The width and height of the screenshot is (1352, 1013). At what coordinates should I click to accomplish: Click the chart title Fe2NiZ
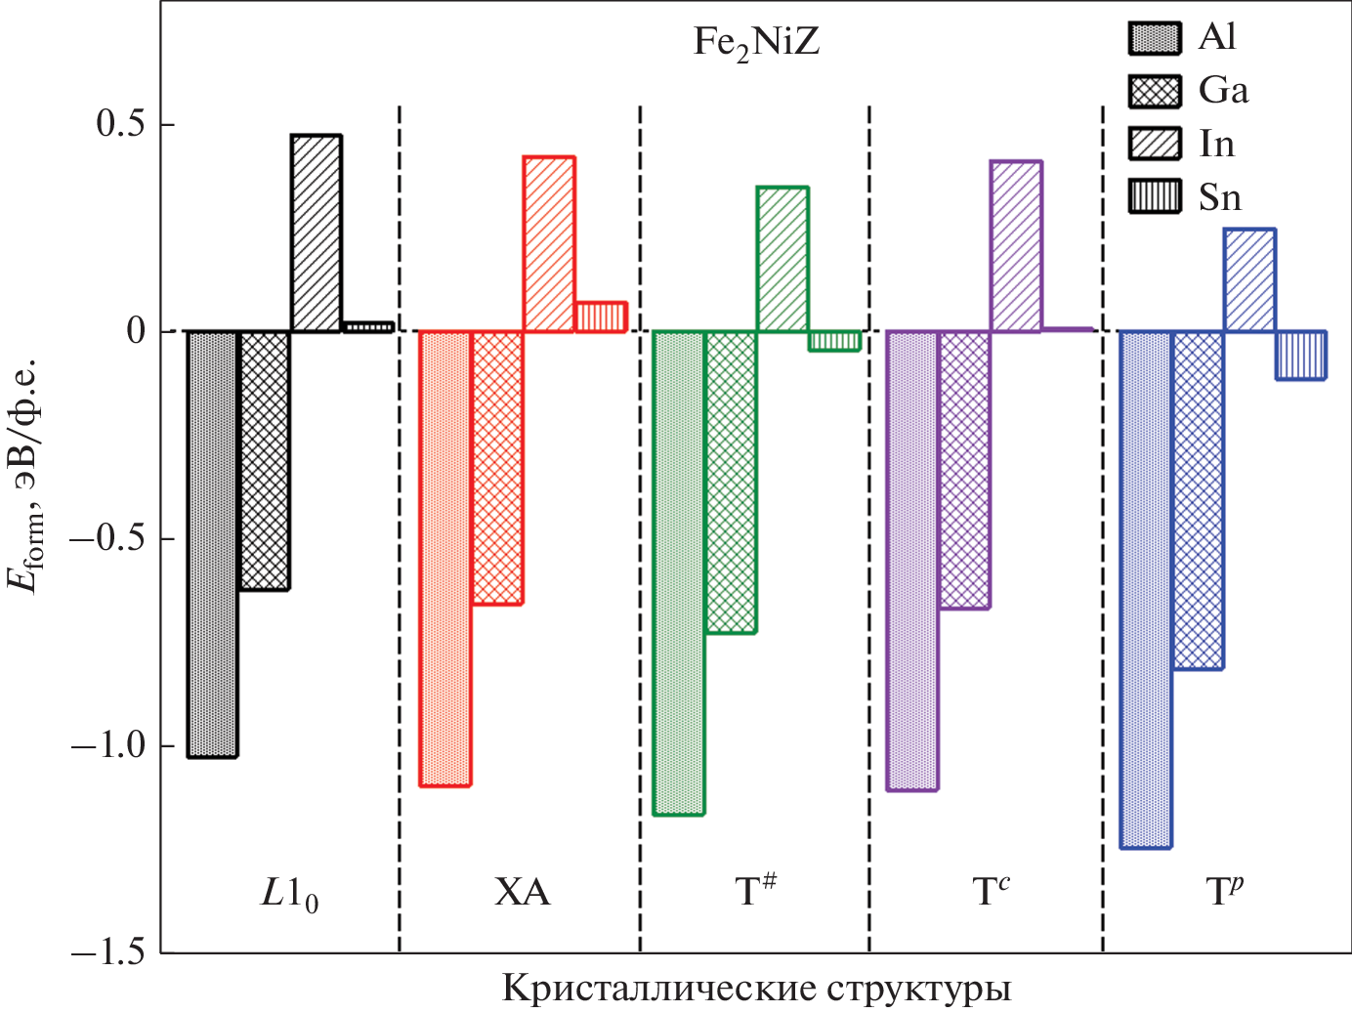[755, 43]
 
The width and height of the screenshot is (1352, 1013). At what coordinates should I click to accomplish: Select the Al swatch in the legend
[1155, 38]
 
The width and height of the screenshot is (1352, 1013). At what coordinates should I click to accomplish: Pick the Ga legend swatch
[1155, 92]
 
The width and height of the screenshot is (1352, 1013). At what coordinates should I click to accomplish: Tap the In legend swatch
[1155, 144]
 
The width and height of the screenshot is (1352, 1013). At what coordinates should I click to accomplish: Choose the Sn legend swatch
[1155, 196]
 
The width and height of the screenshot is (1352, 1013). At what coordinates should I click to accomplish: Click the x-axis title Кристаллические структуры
[756, 989]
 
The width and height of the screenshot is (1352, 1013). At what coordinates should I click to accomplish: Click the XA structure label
[522, 893]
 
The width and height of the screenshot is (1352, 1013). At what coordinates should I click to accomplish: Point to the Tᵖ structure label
[1224, 891]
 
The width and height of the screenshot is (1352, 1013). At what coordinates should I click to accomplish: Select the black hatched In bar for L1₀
[316, 233]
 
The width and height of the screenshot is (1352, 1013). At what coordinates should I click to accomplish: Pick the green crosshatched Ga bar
[731, 483]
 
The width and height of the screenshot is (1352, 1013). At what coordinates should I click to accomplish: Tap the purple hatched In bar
[1016, 246]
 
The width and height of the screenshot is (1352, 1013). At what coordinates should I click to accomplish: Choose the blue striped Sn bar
[1301, 355]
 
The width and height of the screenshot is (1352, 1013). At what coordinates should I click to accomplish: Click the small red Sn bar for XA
[601, 317]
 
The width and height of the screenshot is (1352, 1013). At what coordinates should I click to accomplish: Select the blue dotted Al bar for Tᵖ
[1145, 590]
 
